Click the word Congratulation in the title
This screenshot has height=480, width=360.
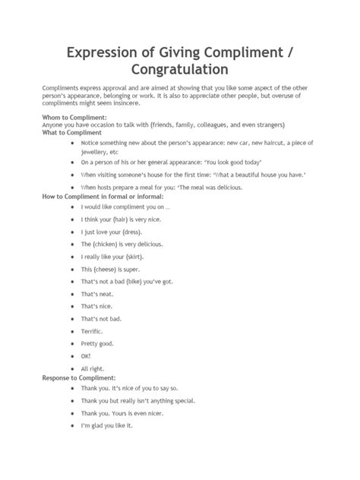179,69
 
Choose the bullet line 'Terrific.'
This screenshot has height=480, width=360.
95,332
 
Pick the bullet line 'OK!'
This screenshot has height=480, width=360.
85,355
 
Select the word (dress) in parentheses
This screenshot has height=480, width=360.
129,231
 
